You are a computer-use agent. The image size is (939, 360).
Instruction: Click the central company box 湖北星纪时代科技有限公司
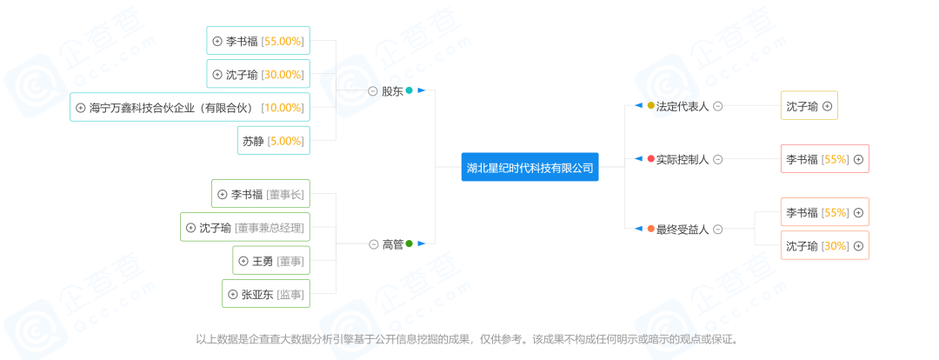click(x=530, y=167)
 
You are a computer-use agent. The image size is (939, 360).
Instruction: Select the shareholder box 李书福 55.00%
click(x=258, y=42)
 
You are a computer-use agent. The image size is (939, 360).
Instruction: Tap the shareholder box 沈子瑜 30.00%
click(x=258, y=74)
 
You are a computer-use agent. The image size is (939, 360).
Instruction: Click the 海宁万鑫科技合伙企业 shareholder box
click(x=190, y=108)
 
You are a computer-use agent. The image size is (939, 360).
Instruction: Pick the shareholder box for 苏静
click(x=274, y=141)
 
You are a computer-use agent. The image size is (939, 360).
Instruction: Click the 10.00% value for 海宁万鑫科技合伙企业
click(x=283, y=108)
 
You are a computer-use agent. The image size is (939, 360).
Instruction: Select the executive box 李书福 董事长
click(x=261, y=194)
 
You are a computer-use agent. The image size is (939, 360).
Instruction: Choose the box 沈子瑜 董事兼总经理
click(x=245, y=228)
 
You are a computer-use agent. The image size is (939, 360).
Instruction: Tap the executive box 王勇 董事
click(x=271, y=261)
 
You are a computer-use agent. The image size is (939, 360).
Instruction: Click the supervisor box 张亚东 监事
click(x=266, y=294)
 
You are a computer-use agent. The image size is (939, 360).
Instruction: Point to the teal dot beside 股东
click(x=409, y=90)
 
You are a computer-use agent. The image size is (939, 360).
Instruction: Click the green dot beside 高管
click(x=409, y=243)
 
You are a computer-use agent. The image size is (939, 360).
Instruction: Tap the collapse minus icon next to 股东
click(x=372, y=91)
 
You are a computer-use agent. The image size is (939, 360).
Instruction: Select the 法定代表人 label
click(x=683, y=106)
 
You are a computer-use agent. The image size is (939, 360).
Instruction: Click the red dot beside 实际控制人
click(x=651, y=159)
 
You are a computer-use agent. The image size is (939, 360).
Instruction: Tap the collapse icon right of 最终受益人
click(x=718, y=229)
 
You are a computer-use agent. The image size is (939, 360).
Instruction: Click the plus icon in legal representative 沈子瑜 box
click(x=828, y=106)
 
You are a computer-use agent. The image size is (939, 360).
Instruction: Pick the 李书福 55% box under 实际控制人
click(x=824, y=159)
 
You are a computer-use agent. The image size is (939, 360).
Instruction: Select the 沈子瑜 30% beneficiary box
click(x=824, y=245)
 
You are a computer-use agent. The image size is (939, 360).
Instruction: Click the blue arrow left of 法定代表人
click(x=638, y=106)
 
